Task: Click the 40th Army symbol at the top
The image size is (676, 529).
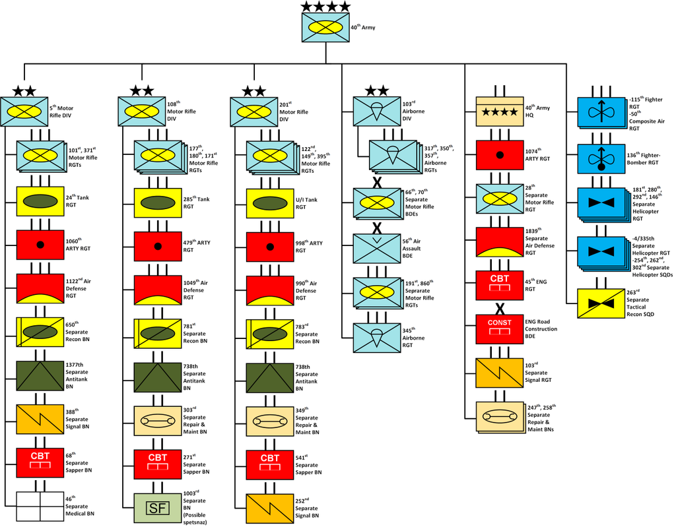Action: coord(325,27)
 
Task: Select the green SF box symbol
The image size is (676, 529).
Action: coord(157,508)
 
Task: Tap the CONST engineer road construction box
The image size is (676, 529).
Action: coord(500,329)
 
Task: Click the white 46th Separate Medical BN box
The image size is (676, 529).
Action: coord(40,507)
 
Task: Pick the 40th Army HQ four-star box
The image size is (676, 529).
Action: coord(500,111)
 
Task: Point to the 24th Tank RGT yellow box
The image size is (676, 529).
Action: coord(40,201)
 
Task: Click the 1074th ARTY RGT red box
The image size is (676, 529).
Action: coord(500,155)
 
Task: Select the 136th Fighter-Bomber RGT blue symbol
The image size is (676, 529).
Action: coord(601,159)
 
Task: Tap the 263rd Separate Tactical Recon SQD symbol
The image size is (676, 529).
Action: coord(601,303)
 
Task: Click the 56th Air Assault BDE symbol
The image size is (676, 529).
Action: coord(377,249)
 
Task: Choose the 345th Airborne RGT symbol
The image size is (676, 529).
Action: coord(377,338)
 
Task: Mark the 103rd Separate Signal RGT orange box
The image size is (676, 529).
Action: coord(500,373)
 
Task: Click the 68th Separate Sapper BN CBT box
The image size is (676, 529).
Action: coord(40,462)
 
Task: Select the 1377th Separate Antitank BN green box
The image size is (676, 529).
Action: coord(40,375)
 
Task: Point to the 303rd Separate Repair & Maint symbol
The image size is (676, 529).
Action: coord(157,420)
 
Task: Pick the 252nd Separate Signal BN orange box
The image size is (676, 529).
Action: coord(270,509)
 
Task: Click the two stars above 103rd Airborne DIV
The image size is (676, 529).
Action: coord(377,90)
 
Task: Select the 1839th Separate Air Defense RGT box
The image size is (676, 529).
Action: coord(500,242)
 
